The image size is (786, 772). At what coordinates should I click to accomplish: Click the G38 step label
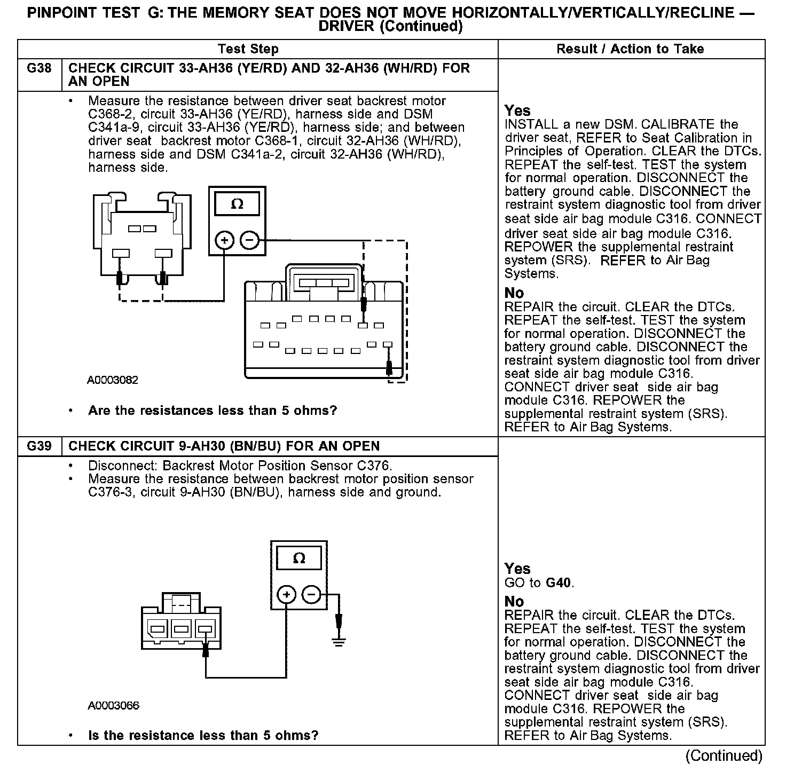40,68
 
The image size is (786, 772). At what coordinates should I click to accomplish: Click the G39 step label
40,446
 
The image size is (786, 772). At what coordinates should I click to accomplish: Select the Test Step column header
248,49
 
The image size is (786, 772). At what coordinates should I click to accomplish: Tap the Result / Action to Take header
630,49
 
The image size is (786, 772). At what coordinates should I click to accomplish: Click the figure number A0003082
113,380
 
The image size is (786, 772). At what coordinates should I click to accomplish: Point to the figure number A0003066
114,705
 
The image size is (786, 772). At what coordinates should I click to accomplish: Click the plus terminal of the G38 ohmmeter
224,241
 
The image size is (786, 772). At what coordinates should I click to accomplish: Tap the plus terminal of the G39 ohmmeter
287,595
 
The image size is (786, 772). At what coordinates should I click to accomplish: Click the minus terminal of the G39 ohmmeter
312,595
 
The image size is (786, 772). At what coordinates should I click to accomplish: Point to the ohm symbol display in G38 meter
237,204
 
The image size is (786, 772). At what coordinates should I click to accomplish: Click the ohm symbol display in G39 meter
300,558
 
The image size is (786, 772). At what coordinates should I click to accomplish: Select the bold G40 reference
559,582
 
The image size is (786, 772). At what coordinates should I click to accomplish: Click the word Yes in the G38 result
517,111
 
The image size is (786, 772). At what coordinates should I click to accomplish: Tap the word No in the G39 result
514,601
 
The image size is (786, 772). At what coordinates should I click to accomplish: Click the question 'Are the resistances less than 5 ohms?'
213,411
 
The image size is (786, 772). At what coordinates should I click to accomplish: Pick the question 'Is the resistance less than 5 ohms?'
203,735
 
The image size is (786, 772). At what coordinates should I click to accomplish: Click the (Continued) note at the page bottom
725,756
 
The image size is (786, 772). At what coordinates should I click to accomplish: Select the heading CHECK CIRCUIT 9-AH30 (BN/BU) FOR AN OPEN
224,446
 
